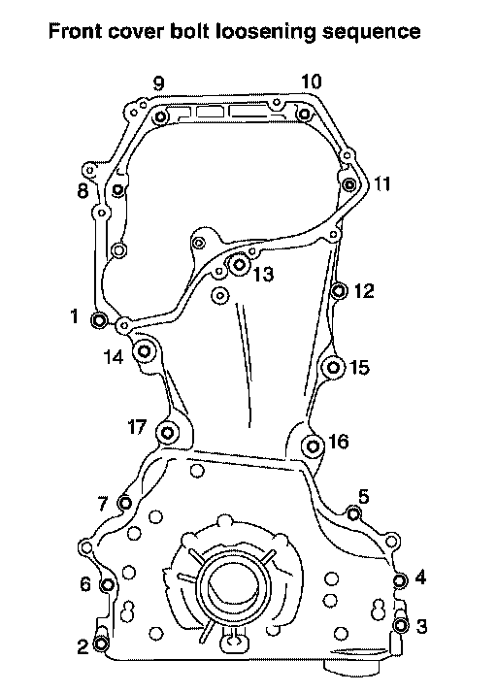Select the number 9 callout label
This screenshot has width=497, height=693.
click(159, 83)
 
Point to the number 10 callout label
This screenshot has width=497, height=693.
click(312, 82)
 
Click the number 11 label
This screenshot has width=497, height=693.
click(382, 183)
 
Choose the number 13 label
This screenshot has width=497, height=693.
click(263, 275)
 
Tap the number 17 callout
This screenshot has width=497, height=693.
click(137, 427)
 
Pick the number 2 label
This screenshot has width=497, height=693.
click(83, 647)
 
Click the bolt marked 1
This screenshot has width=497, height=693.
click(99, 319)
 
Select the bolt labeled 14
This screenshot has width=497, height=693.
click(145, 351)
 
